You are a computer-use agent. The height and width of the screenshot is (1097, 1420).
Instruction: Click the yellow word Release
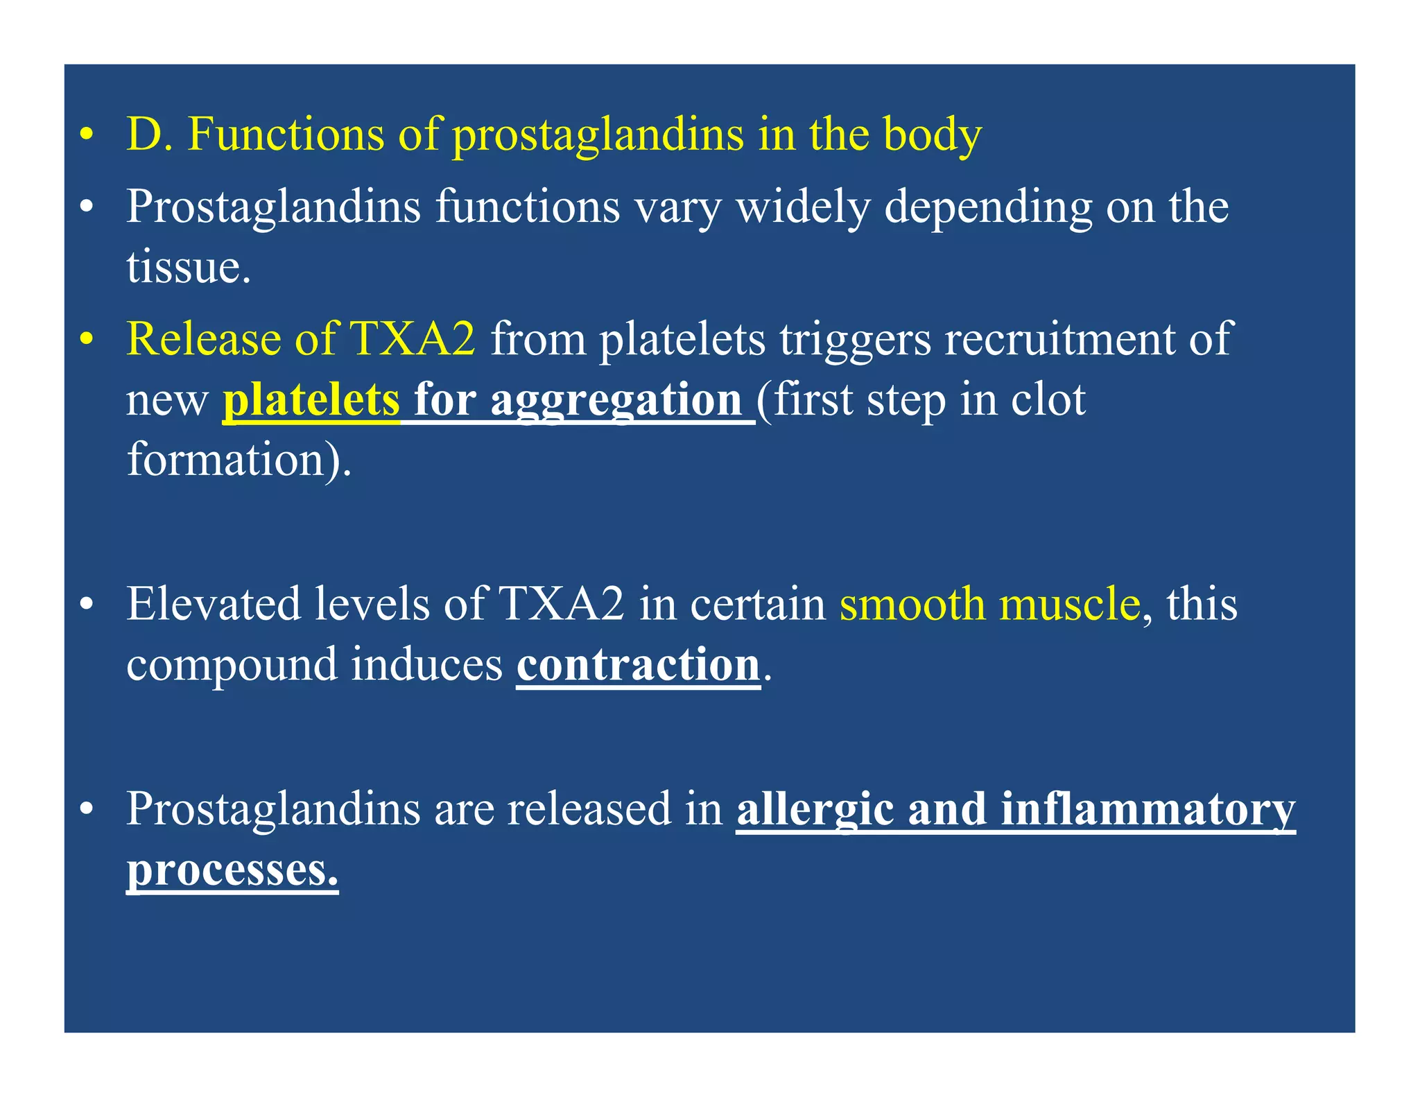click(204, 339)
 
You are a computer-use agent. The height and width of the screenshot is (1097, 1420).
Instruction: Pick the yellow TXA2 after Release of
click(413, 339)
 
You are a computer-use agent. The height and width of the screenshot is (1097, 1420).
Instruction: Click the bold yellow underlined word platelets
click(311, 400)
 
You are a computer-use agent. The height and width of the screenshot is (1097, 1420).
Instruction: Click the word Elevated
click(213, 603)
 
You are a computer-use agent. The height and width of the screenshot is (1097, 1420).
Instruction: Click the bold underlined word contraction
click(638, 664)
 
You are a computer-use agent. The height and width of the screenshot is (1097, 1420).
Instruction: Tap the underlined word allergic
click(815, 809)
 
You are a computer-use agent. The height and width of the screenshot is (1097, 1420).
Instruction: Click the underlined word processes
click(232, 870)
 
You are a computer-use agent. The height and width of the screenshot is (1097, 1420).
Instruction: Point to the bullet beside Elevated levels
click(86, 605)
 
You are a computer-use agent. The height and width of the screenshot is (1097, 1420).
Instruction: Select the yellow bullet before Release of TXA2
click(86, 340)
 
